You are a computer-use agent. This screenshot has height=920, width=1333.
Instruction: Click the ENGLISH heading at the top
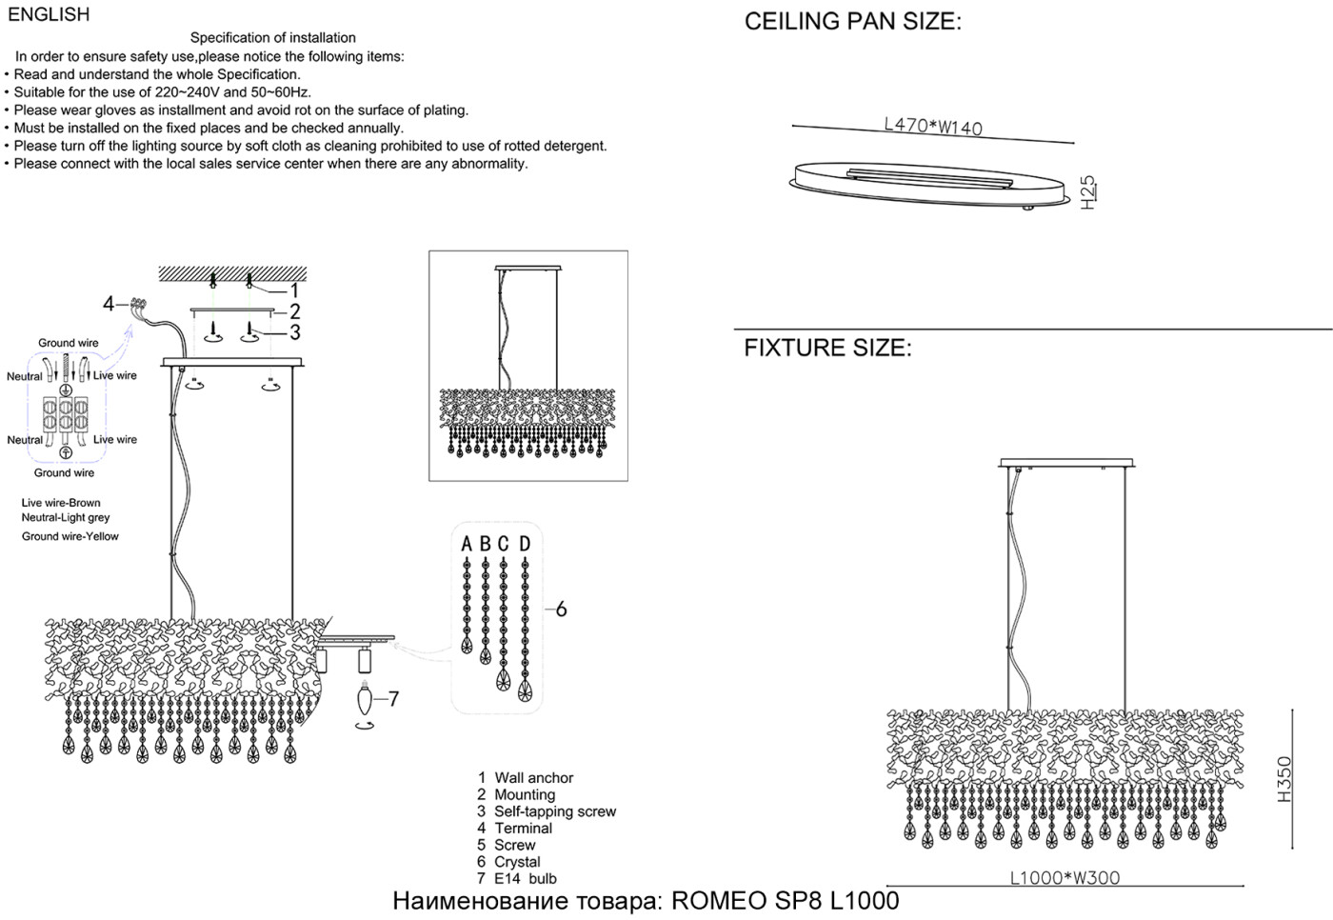click(x=49, y=14)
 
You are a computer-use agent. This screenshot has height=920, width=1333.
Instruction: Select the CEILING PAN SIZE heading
click(x=852, y=22)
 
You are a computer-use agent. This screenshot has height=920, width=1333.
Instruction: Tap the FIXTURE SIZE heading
click(x=827, y=348)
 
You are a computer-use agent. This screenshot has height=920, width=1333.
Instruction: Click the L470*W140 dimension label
click(x=933, y=126)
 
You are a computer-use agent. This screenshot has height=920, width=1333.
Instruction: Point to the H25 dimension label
click(x=1088, y=190)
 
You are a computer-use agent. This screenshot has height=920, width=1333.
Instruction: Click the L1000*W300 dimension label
click(x=1064, y=878)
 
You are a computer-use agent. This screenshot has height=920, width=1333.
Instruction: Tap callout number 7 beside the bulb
click(x=393, y=699)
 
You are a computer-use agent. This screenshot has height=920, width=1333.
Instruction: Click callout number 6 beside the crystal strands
click(x=561, y=609)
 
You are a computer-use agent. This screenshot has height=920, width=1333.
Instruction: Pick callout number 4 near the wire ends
click(x=109, y=304)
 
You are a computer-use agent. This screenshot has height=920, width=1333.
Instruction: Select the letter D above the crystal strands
click(x=525, y=544)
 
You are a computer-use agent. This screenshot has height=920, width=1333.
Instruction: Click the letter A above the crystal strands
click(x=467, y=544)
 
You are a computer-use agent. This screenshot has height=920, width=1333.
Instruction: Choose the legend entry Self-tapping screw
click(x=554, y=811)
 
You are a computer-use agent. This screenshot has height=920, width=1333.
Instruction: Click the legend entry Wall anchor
click(x=533, y=778)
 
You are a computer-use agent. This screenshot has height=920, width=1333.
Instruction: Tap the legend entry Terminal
click(x=523, y=829)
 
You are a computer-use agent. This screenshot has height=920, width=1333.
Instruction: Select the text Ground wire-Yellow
click(x=70, y=536)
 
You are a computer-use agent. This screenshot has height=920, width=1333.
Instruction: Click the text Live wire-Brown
click(x=61, y=503)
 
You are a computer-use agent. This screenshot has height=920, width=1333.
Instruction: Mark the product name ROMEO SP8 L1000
click(x=786, y=901)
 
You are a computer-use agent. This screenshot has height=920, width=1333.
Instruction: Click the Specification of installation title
click(x=273, y=38)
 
